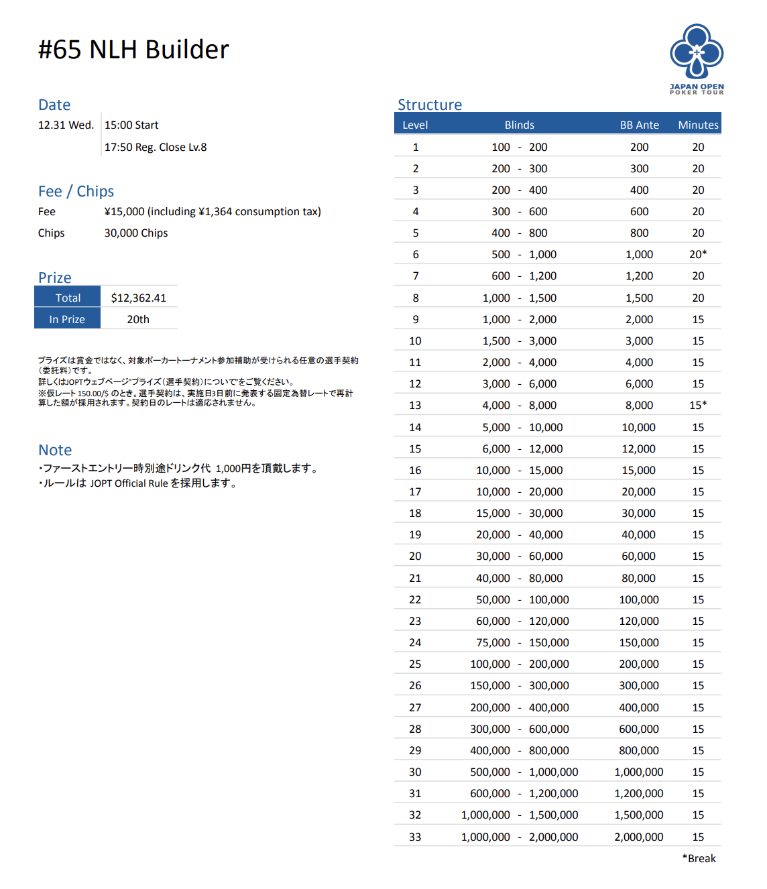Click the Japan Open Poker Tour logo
click(x=697, y=58)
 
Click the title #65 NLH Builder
click(x=133, y=50)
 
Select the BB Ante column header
click(x=639, y=125)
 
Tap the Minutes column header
click(x=698, y=125)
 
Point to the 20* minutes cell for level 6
click(x=698, y=254)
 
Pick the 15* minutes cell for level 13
click(x=698, y=405)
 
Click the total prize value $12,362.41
click(x=139, y=298)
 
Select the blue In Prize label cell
click(x=67, y=319)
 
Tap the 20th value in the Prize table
click(x=138, y=319)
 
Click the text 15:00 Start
click(x=131, y=125)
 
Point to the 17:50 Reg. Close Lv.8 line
click(x=156, y=147)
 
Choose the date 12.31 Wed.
click(x=66, y=125)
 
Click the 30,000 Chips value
click(x=136, y=233)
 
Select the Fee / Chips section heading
click(x=76, y=191)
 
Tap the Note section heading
click(x=55, y=450)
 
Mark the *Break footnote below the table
click(x=699, y=858)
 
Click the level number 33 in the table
click(x=415, y=837)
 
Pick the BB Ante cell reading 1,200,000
click(x=639, y=793)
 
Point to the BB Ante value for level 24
click(x=639, y=642)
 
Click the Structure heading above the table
click(x=430, y=105)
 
